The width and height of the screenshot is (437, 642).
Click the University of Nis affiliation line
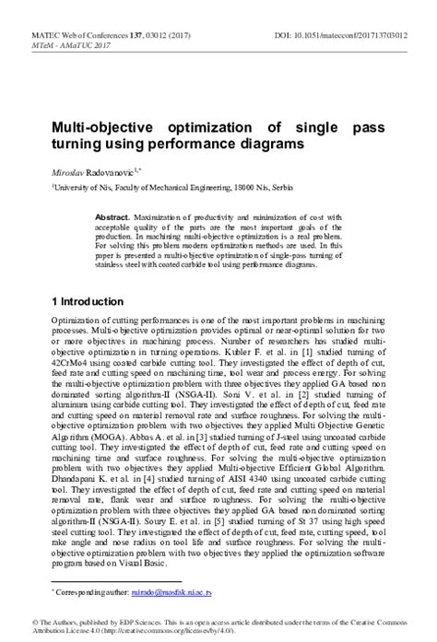click(157, 187)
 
